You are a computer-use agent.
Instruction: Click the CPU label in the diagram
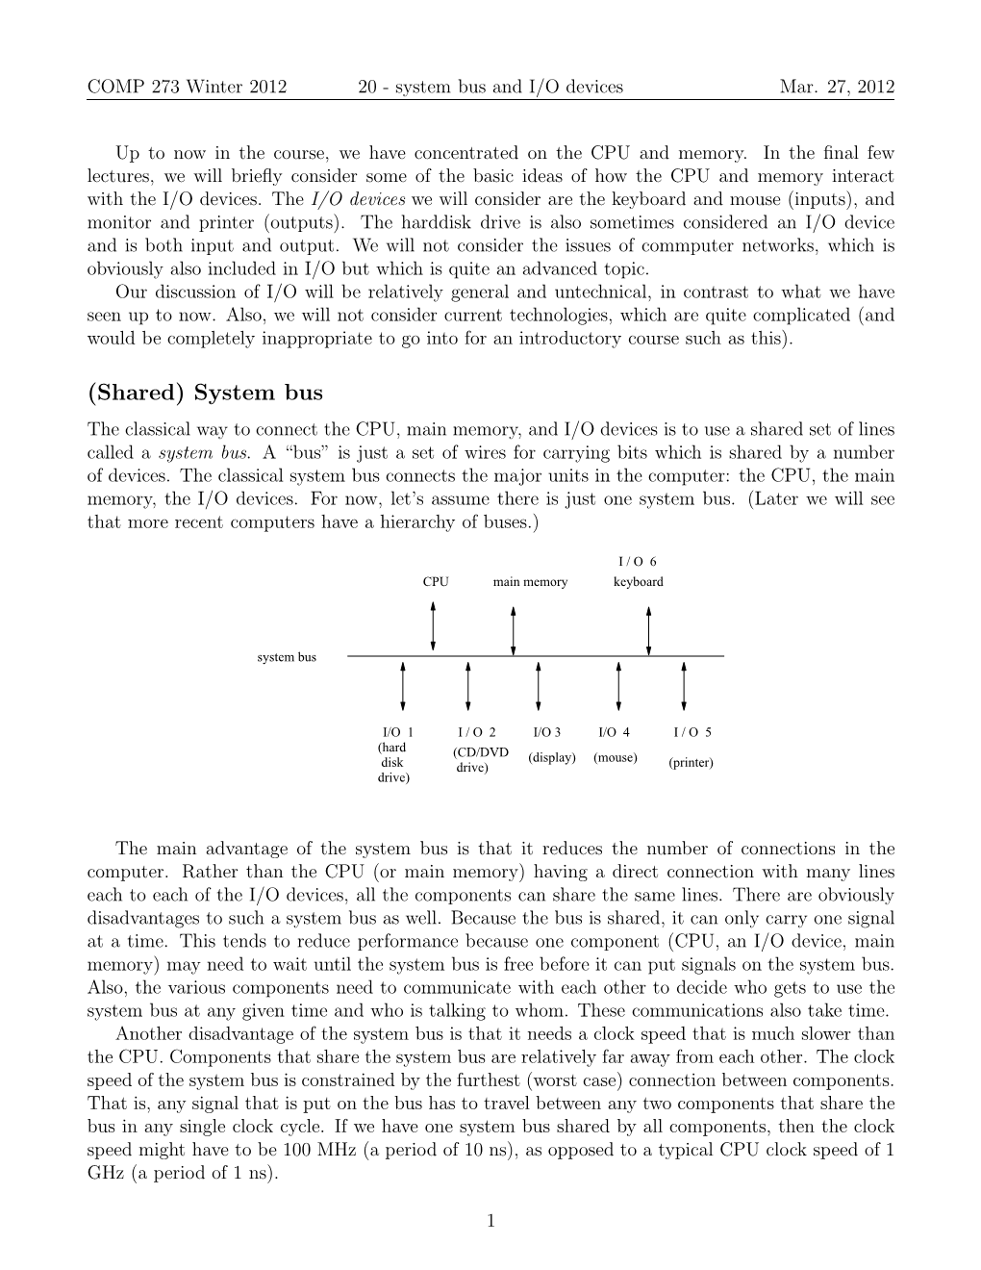[x=436, y=582]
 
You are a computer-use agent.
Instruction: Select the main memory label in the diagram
[x=530, y=582]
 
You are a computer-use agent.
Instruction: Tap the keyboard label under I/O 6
[x=638, y=582]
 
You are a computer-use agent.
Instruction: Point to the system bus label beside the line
[x=287, y=657]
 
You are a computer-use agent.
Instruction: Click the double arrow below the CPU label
[x=434, y=625]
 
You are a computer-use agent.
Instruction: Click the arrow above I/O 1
[x=403, y=684]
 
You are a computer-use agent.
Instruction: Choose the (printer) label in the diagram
[x=691, y=764]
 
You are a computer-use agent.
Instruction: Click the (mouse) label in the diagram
[x=616, y=758]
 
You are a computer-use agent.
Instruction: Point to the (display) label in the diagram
[x=552, y=758]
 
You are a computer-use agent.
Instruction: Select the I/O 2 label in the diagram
[x=477, y=732]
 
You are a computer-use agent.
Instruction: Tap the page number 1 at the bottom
[x=490, y=1222]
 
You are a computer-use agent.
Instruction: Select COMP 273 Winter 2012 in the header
[x=187, y=87]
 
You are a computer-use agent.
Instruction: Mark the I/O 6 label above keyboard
[x=637, y=562]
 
